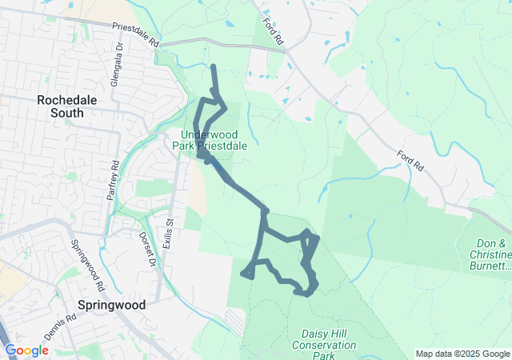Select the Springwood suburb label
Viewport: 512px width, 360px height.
pyautogui.click(x=112, y=305)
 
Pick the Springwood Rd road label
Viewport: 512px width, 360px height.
pyautogui.click(x=88, y=266)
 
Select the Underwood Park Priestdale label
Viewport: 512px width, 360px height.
pyautogui.click(x=209, y=140)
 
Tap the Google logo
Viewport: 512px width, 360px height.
pyautogui.click(x=26, y=350)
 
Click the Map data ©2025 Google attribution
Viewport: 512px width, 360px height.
pyautogui.click(x=462, y=354)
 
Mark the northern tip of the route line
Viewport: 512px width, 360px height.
pyautogui.click(x=213, y=66)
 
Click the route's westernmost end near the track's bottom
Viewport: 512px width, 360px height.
pyautogui.click(x=242, y=274)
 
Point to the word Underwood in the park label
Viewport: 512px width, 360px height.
pyautogui.click(x=209, y=134)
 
